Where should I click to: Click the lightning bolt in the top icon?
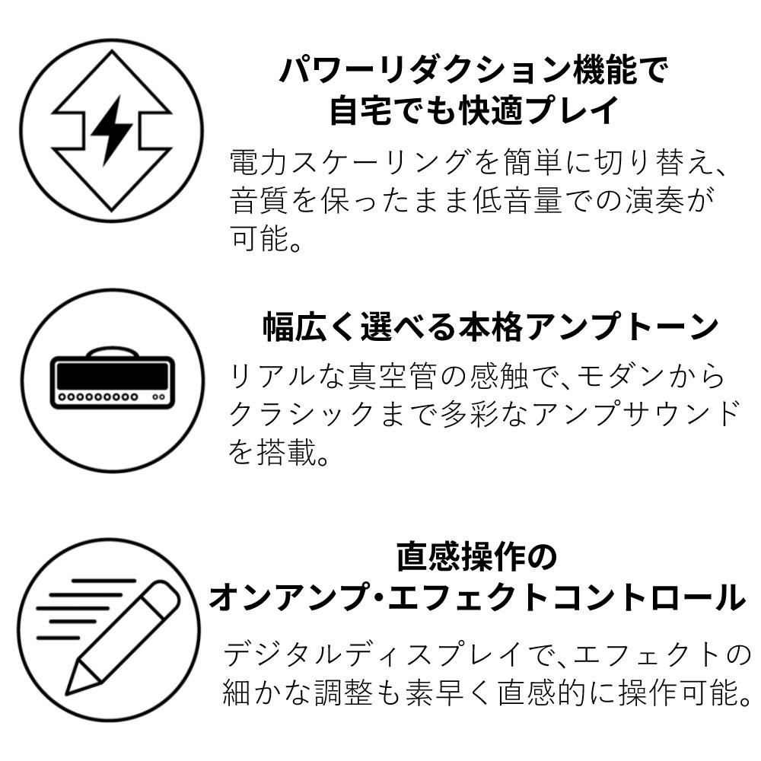(x=112, y=130)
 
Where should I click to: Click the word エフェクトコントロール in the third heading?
(x=566, y=598)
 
